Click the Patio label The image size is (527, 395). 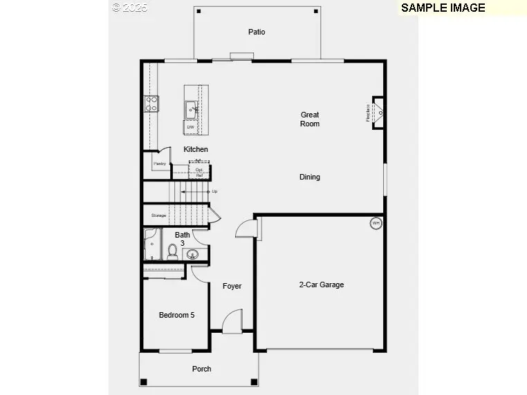(257, 32)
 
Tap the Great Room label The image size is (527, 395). (310, 119)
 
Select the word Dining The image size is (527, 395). (310, 177)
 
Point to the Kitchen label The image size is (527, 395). (196, 149)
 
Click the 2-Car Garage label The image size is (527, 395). (321, 285)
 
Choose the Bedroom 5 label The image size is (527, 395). (176, 315)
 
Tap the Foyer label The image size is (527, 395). (232, 286)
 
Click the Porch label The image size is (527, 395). (202, 369)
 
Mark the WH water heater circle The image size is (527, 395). (376, 223)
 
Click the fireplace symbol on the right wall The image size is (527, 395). (378, 113)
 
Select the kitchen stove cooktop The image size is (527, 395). (151, 104)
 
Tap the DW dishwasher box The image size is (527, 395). (190, 127)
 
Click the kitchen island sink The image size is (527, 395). (191, 109)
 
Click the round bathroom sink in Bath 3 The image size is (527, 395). (193, 255)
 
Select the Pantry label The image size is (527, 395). (160, 164)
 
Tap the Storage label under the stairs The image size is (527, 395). (159, 215)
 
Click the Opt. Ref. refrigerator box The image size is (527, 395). (199, 172)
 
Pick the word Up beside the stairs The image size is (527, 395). (214, 191)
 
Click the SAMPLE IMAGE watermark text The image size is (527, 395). (443, 8)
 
